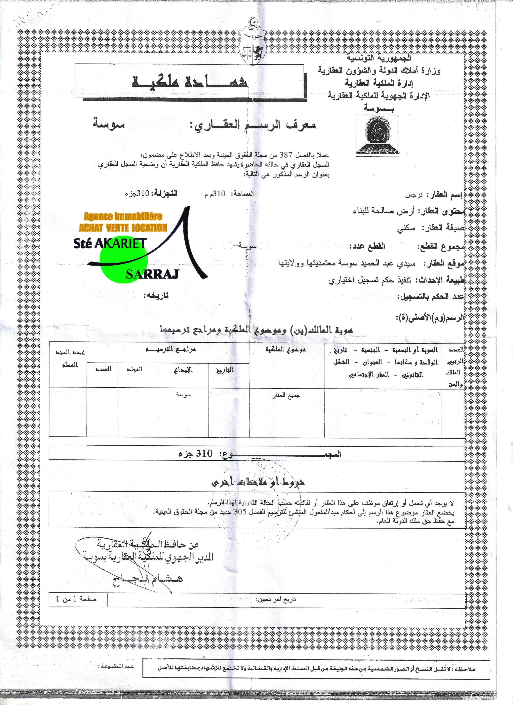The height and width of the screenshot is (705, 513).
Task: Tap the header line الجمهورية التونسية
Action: [x=379, y=58]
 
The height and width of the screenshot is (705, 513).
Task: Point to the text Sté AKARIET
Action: [x=110, y=243]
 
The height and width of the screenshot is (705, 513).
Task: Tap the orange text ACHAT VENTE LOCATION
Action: [x=123, y=228]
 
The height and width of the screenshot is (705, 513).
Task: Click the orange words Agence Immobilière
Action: [x=123, y=216]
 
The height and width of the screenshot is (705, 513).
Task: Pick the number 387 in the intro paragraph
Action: [x=286, y=155]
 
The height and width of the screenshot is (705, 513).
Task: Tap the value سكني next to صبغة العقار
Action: [x=406, y=228]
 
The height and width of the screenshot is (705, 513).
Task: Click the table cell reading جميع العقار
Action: [x=286, y=395]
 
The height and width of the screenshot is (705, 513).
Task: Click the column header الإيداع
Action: [x=183, y=370]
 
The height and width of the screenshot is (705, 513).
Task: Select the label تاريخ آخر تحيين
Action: [x=276, y=599]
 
